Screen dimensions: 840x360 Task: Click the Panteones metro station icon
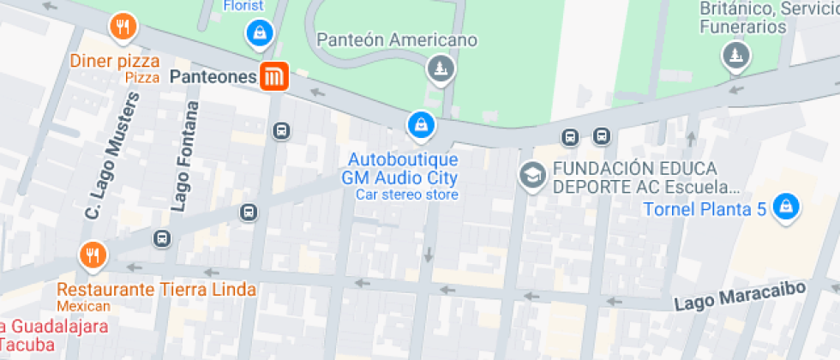[274, 76]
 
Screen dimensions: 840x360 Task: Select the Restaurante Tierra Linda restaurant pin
[93, 255]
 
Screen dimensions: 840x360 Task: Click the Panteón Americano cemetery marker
[441, 68]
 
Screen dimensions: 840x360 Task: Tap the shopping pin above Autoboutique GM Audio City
[421, 125]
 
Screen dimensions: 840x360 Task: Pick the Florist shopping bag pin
[258, 33]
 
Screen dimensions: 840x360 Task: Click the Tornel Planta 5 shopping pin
[785, 206]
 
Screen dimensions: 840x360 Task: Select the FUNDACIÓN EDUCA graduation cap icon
[532, 177]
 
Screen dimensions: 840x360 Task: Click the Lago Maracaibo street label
[739, 297]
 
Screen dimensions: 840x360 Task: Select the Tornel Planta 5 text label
[705, 208]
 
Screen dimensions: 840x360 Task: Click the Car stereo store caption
[407, 195]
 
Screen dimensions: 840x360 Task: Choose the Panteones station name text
[213, 77]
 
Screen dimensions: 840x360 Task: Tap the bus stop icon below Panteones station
[280, 130]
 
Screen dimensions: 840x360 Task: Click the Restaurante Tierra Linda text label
[157, 290]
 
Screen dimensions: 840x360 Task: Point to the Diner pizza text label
[117, 61]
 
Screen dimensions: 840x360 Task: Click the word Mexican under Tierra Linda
[84, 306]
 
